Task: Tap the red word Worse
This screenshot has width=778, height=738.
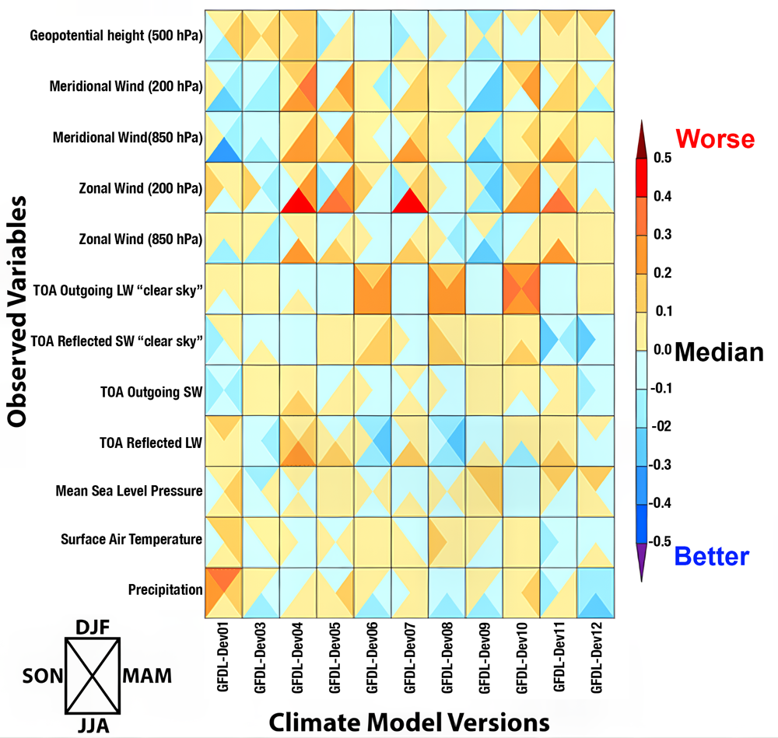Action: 715,139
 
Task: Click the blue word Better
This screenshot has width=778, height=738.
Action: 711,556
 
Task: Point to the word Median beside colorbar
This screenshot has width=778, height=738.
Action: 719,352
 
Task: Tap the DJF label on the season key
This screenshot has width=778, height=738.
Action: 92,627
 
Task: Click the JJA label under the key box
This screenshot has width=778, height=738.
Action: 92,726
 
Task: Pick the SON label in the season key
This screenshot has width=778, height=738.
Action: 37,675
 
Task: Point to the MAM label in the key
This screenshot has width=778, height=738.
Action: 147,675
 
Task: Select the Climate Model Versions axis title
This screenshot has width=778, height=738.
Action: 408,722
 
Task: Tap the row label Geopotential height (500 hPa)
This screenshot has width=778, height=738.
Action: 117,36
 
